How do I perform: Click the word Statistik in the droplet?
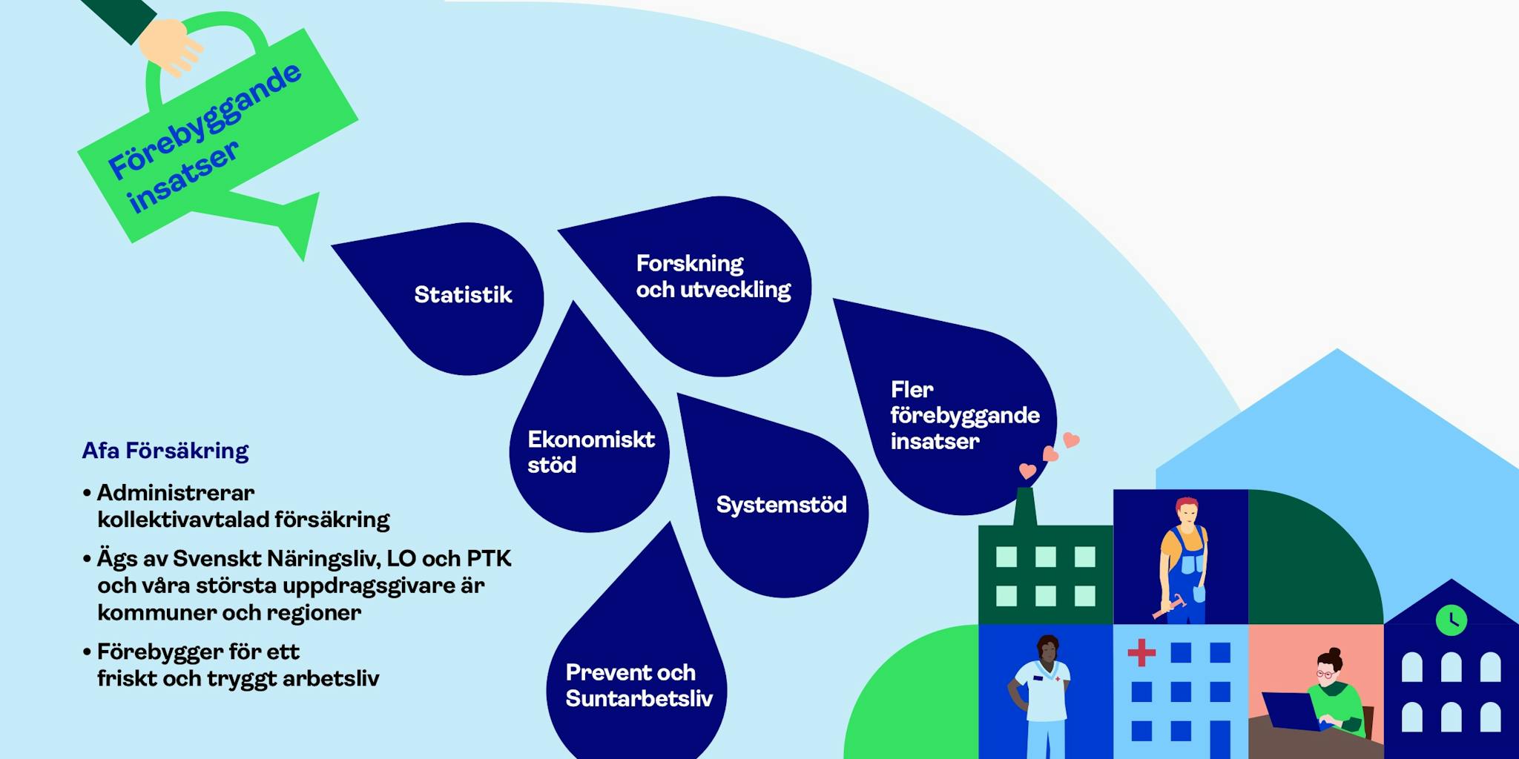463,295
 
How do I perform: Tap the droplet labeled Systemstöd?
781,505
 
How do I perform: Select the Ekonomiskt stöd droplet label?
590,452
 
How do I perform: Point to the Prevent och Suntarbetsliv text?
639,686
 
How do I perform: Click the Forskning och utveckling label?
713,276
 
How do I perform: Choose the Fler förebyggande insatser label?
964,415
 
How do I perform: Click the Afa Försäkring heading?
165,451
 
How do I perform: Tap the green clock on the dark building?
1451,620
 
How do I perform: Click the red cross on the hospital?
1141,653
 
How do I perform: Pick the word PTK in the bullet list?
489,558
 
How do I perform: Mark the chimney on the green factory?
1025,506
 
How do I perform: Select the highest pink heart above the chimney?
1071,440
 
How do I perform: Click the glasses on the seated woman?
1325,674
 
